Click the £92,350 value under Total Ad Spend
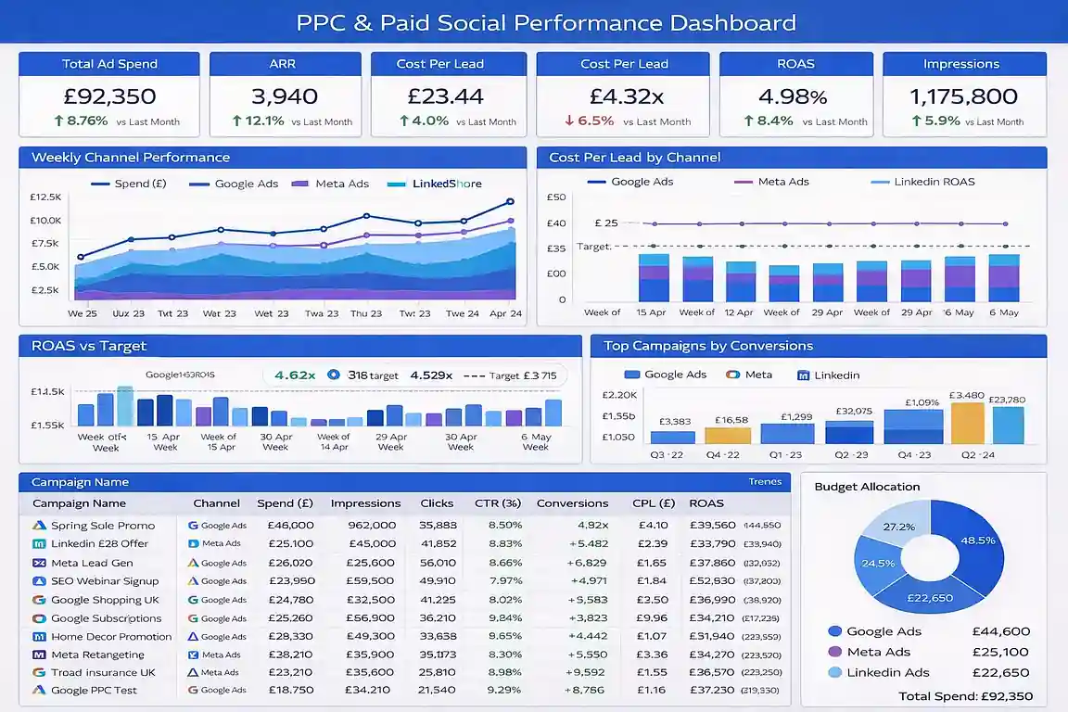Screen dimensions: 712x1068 109,96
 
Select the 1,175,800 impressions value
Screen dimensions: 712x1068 963,96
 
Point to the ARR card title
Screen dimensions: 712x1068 283,64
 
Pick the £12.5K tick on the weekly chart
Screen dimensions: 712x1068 45,197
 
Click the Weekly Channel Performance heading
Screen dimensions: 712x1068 131,158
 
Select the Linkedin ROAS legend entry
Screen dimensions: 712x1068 934,182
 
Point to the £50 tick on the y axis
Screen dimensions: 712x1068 556,197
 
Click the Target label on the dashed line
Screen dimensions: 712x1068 593,247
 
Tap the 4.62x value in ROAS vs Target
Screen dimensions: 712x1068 295,375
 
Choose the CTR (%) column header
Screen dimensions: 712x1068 498,503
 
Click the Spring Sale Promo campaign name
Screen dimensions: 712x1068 103,526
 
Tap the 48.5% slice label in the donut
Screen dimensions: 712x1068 978,540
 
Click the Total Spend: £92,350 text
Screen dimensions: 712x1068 965,696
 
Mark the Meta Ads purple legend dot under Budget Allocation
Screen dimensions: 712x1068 834,652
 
